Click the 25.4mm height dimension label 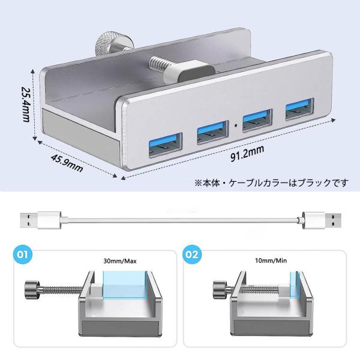(x=25, y=104)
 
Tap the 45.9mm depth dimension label (x=67, y=163)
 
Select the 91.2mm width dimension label (x=247, y=154)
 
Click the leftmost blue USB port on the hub (x=166, y=145)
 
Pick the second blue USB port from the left (x=212, y=132)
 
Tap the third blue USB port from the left (x=257, y=121)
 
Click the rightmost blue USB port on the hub (x=299, y=109)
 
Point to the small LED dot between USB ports (x=236, y=125)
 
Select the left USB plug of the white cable (x=41, y=220)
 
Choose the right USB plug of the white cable (x=322, y=220)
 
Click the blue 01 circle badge (x=23, y=254)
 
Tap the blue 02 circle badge (x=192, y=254)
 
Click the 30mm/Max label (x=120, y=261)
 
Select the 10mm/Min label (x=271, y=260)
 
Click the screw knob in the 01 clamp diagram (x=32, y=290)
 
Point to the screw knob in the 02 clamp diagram (x=220, y=290)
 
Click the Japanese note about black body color (x=271, y=183)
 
